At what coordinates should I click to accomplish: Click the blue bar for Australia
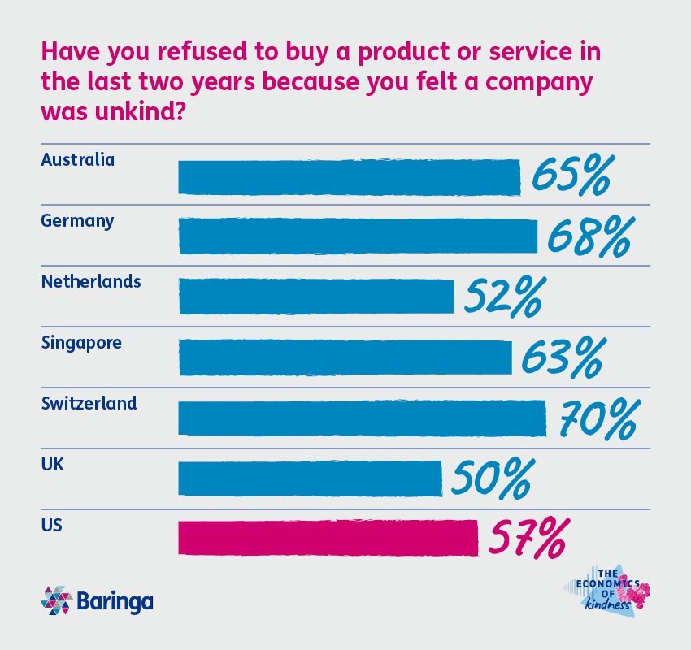point(349,177)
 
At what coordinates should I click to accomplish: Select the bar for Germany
point(358,236)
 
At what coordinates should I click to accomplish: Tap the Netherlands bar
point(315,297)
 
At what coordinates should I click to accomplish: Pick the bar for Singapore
point(345,357)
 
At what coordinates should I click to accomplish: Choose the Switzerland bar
point(362,418)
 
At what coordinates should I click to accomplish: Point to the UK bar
point(310,478)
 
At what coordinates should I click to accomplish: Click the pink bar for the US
point(328,538)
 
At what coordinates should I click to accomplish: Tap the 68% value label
point(589,236)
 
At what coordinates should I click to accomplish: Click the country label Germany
point(77,221)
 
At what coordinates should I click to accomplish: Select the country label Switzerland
point(89,403)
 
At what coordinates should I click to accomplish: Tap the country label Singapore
point(81,343)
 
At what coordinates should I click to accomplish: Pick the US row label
point(51,525)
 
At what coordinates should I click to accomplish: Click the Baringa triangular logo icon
point(56,601)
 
